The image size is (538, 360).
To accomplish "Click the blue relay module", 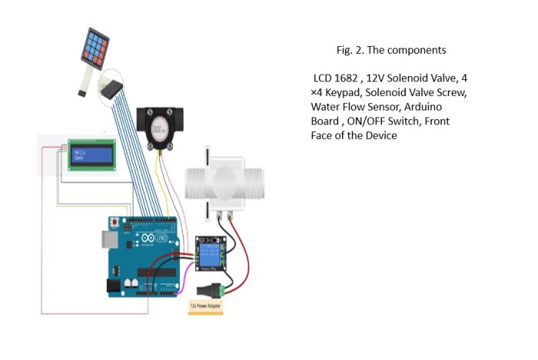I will pyautogui.click(x=211, y=253).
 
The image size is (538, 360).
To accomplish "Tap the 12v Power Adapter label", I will pyautogui.click(x=207, y=305).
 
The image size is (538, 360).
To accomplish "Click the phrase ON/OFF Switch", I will pyautogui.click(x=376, y=122).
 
